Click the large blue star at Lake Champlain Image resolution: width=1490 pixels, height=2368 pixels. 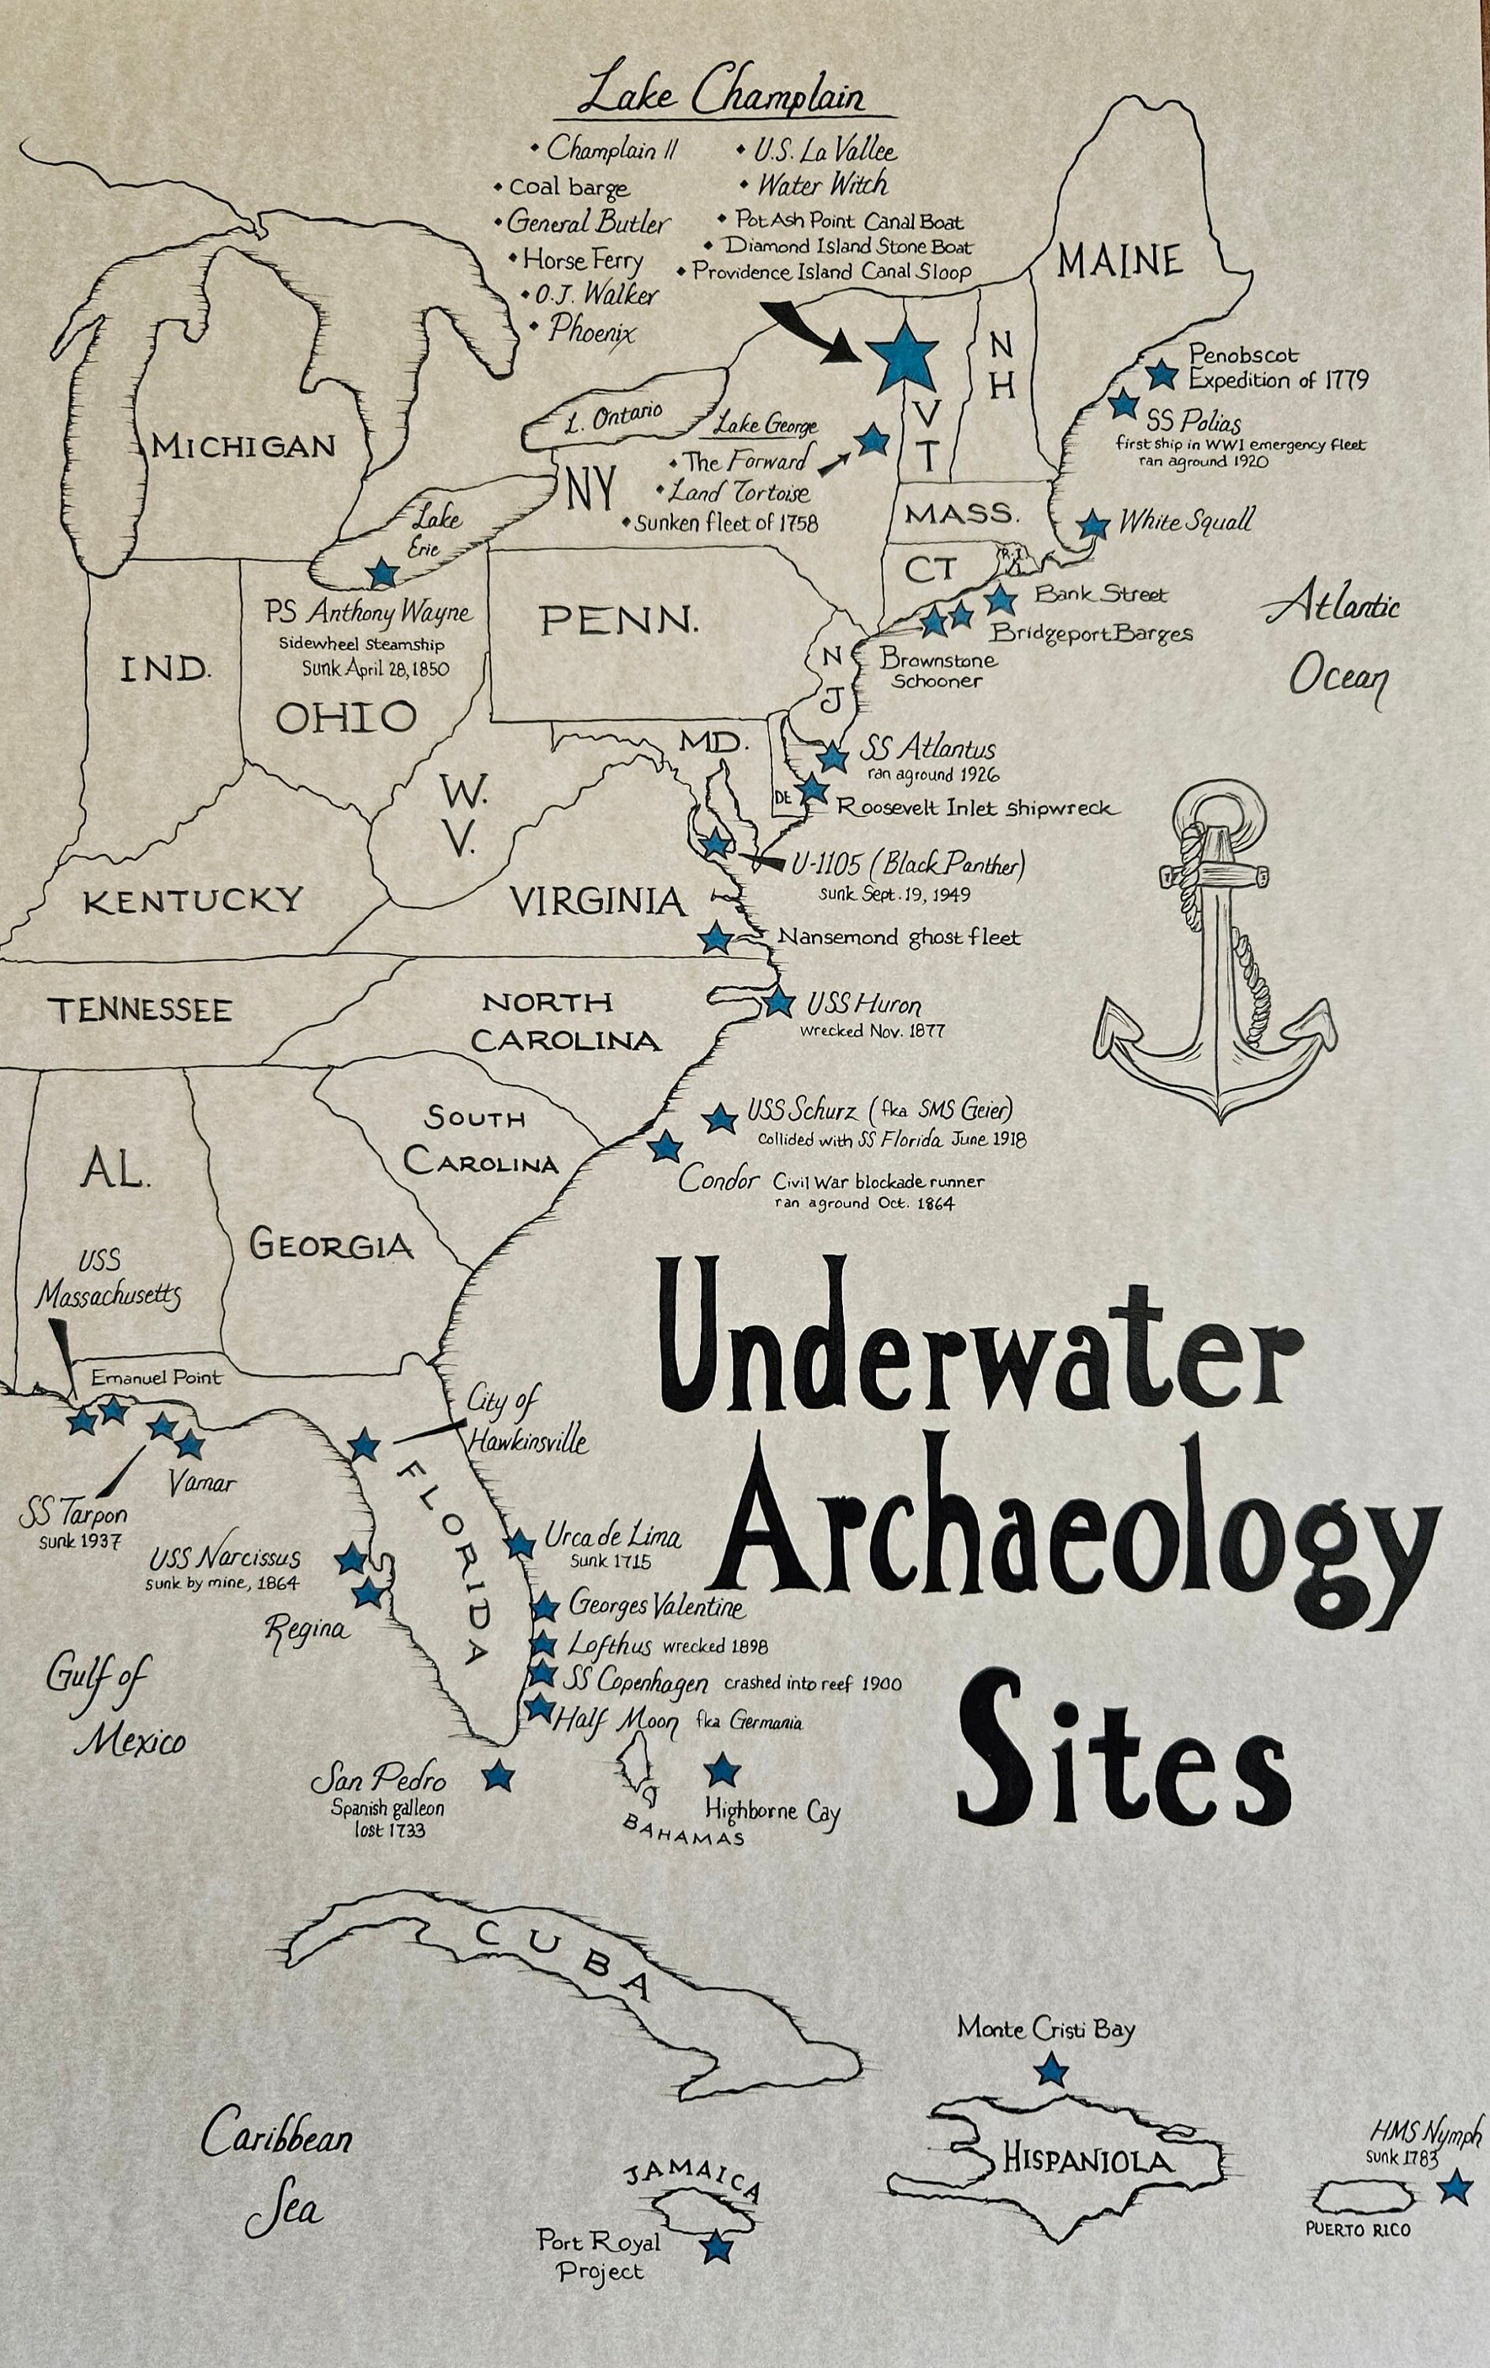(903, 356)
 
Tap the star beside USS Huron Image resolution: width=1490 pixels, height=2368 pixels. (779, 1003)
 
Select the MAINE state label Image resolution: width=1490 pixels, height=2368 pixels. (1119, 260)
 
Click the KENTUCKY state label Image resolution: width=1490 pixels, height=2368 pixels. (193, 901)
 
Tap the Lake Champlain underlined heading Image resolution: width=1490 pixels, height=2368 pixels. (721, 97)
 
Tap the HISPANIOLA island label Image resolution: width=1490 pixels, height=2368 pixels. (1088, 2160)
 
